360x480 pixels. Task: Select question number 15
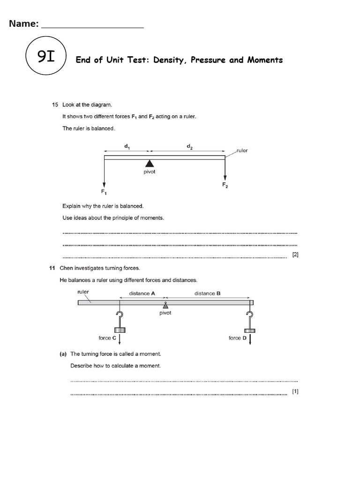[x=55, y=105]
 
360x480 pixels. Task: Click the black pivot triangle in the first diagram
[x=149, y=163]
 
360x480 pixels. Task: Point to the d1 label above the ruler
[x=127, y=146]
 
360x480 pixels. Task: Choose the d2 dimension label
[x=189, y=146]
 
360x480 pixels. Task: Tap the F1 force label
[x=104, y=192]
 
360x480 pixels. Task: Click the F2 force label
[x=225, y=185]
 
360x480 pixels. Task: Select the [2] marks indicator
[x=295, y=255]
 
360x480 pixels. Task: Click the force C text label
[x=107, y=338]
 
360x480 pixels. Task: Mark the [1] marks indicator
[x=295, y=391]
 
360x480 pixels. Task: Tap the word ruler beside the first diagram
[x=242, y=151]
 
